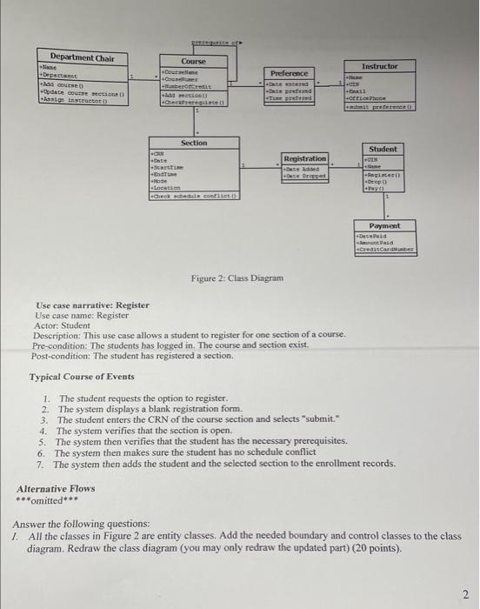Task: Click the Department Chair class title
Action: [x=82, y=58]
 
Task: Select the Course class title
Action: [x=193, y=61]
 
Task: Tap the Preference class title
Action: [x=291, y=74]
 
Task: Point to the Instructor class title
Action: [x=380, y=66]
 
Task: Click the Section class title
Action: [x=194, y=142]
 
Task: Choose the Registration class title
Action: [x=305, y=158]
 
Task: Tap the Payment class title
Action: [x=383, y=225]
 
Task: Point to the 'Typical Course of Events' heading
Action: [x=82, y=377]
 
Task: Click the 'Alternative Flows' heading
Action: [x=56, y=489]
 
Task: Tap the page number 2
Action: [x=466, y=593]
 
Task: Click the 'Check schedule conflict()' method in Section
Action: [x=197, y=197]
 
